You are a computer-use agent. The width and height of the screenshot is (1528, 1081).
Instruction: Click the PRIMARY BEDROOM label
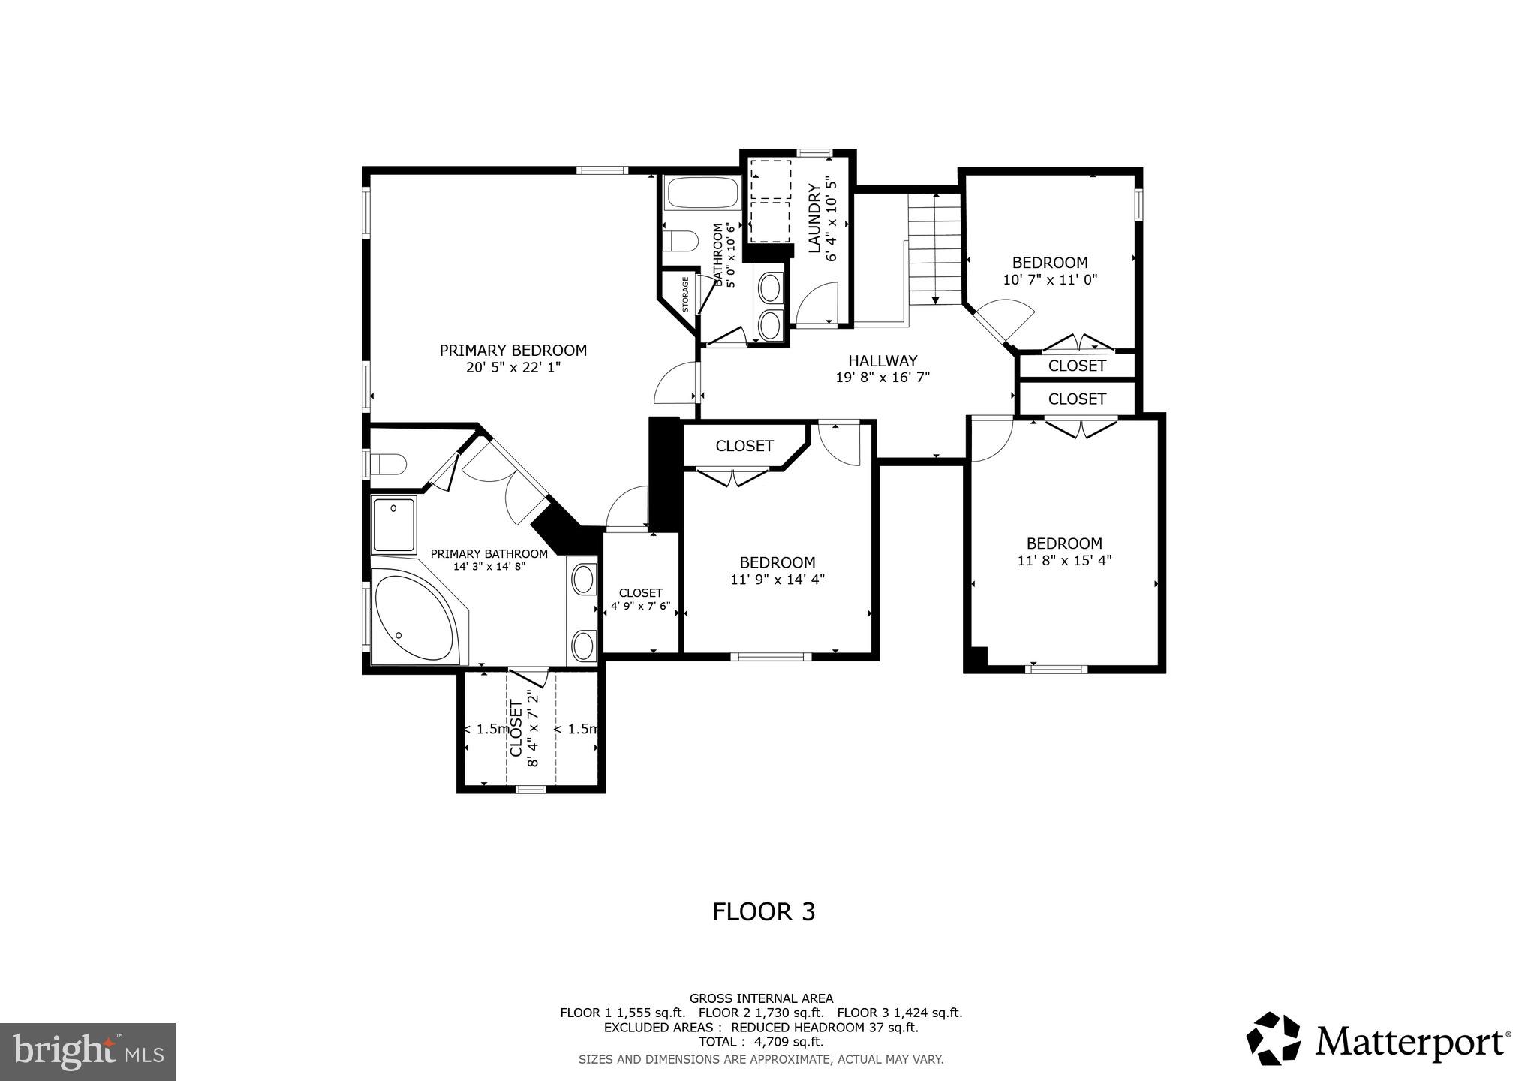pyautogui.click(x=513, y=351)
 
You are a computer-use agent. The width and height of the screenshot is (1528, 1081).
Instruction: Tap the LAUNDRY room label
pyautogui.click(x=814, y=218)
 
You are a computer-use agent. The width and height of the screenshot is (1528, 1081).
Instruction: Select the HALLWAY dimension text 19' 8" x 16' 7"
pyautogui.click(x=883, y=378)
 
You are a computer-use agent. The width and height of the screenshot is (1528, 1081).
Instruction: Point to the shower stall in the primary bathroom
pyautogui.click(x=394, y=525)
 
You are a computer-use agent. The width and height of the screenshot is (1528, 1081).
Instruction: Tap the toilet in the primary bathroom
pyautogui.click(x=390, y=464)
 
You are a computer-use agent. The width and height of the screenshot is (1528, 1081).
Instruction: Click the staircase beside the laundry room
pyautogui.click(x=934, y=248)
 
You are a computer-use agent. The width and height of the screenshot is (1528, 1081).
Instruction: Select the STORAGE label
pyautogui.click(x=685, y=294)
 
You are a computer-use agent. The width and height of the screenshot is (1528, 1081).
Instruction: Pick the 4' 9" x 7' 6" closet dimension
pyautogui.click(x=640, y=607)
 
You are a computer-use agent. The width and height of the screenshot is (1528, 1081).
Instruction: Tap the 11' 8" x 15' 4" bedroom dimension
pyautogui.click(x=1064, y=560)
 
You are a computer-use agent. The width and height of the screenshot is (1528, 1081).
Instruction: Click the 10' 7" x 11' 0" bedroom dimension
pyautogui.click(x=1050, y=279)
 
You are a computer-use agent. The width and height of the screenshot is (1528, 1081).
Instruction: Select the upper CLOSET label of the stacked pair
pyautogui.click(x=1077, y=366)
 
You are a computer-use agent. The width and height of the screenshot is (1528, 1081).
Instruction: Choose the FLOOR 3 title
pyautogui.click(x=763, y=911)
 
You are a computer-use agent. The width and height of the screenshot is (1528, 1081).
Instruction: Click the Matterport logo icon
pyautogui.click(x=1274, y=1038)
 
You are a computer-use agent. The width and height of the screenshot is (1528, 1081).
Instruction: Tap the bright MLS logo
pyautogui.click(x=87, y=1052)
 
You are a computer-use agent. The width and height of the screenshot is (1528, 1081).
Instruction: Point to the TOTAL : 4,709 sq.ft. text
pyautogui.click(x=761, y=1042)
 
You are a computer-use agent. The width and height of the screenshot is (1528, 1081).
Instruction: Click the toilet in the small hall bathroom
pyautogui.click(x=681, y=242)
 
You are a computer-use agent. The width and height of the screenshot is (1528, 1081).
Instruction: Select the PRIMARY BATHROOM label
pyautogui.click(x=489, y=554)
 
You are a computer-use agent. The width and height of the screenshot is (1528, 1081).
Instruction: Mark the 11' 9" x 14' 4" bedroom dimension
pyautogui.click(x=778, y=579)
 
